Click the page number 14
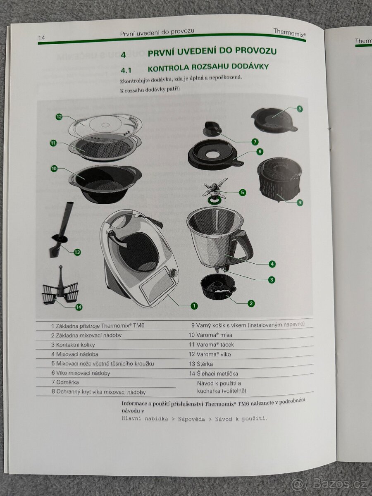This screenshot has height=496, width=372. [x=41, y=38]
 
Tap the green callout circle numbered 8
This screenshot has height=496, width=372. [x=299, y=109]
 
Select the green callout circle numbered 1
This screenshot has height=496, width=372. [x=194, y=306]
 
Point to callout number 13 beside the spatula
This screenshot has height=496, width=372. [x=77, y=252]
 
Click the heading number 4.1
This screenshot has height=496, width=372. [x=126, y=67]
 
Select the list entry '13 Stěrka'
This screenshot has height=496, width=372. [x=201, y=364]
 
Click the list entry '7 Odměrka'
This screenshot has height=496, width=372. [x=65, y=382]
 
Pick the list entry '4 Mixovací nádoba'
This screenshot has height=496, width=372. [x=75, y=354]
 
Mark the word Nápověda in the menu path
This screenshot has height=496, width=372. [x=191, y=418]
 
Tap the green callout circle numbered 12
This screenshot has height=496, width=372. [x=59, y=117]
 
